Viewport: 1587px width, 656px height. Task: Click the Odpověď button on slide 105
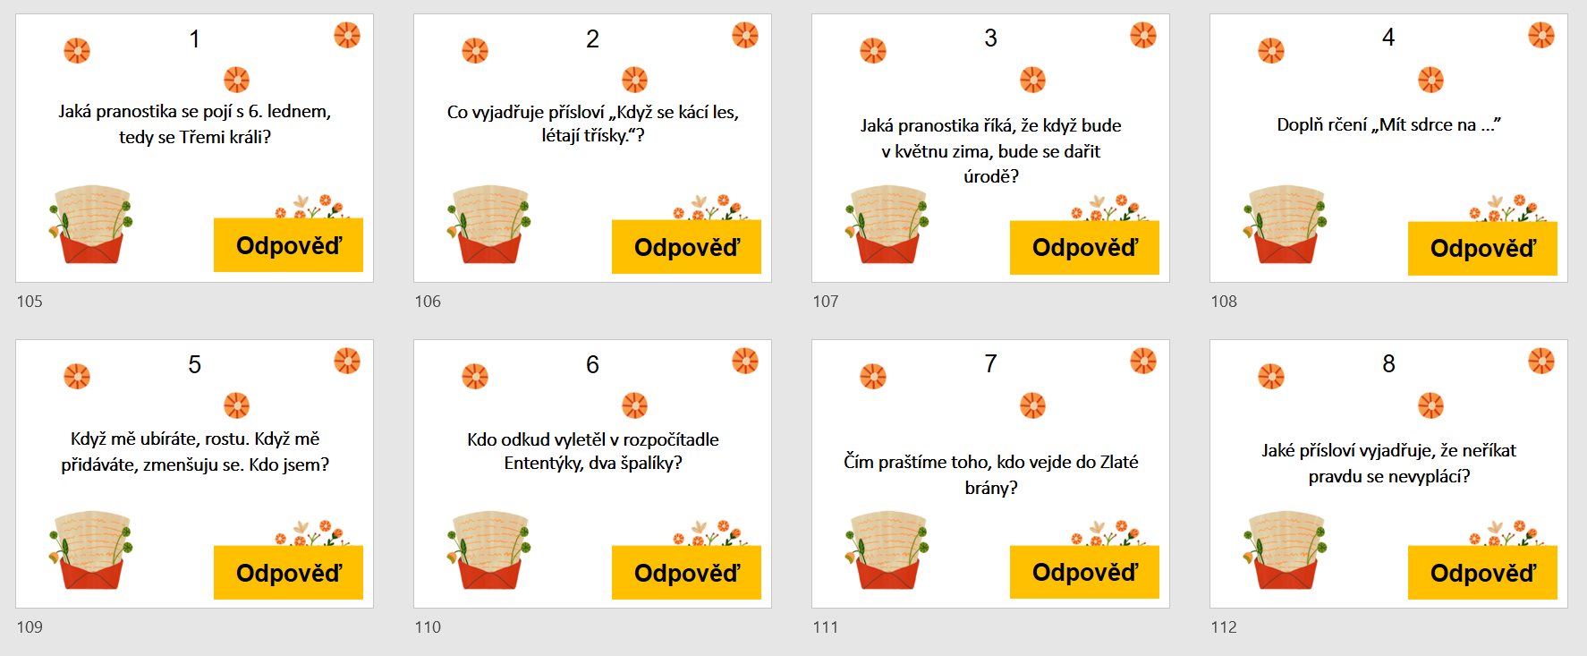coord(288,244)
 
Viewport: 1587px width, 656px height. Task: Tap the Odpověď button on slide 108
coord(1482,248)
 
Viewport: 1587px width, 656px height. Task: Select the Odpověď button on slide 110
coord(686,572)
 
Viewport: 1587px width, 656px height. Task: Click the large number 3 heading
coord(990,38)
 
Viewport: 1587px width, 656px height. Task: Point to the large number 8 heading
coord(1388,363)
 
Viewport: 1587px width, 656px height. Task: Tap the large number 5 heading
coord(194,364)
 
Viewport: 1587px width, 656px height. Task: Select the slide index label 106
coord(428,302)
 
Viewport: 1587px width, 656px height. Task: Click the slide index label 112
coord(1224,627)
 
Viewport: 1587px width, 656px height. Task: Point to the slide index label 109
coord(30,627)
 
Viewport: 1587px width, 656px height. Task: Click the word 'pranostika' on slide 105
coord(136,112)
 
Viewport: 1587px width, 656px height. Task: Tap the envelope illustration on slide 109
coord(90,550)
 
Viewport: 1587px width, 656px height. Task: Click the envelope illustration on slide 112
coord(1285,550)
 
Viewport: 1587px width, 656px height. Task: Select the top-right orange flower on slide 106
coord(745,35)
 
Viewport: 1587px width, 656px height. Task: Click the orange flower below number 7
coord(1033,405)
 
